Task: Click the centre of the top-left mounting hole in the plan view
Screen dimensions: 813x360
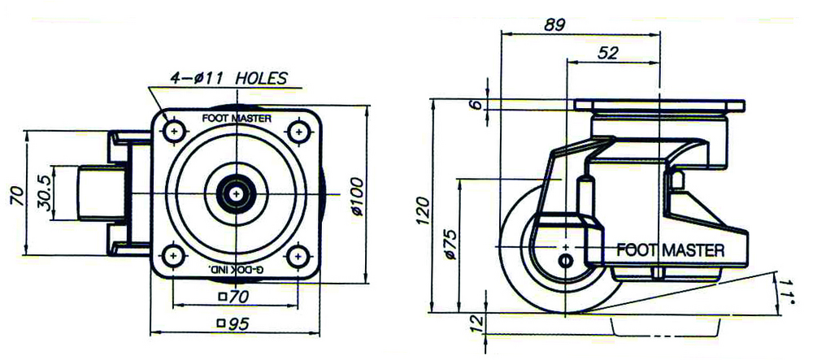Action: [174, 132]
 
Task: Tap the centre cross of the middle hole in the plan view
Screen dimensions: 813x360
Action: [237, 193]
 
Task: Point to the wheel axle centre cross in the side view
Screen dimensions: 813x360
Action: [566, 246]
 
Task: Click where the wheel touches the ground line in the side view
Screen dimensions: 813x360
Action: [566, 313]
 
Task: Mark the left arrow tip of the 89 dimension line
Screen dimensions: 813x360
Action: [502, 34]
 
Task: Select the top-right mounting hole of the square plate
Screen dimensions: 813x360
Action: [298, 132]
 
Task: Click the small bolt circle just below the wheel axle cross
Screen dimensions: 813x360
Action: [566, 259]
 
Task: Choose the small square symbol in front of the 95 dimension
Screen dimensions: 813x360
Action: [222, 323]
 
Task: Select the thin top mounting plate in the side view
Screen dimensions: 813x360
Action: [659, 105]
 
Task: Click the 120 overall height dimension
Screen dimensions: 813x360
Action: [423, 210]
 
